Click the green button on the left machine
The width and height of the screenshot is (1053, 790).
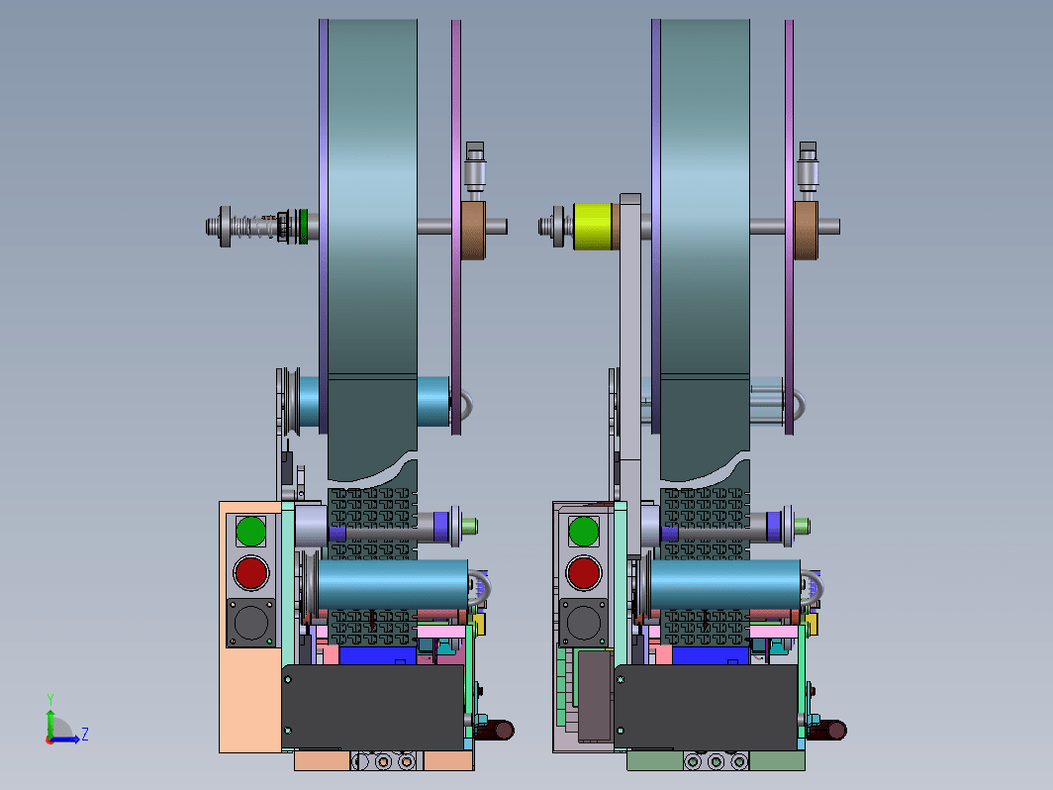click(250, 531)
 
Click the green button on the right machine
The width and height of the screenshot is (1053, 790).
click(584, 531)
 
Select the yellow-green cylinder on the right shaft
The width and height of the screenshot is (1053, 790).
click(592, 227)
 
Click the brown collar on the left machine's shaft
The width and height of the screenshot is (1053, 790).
click(473, 231)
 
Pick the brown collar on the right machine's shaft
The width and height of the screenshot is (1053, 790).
click(806, 231)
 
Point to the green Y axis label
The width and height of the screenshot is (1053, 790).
click(50, 699)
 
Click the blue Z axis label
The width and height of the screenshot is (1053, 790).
click(85, 734)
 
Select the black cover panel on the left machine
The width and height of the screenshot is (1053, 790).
click(373, 708)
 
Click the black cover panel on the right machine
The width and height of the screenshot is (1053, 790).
click(706, 708)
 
